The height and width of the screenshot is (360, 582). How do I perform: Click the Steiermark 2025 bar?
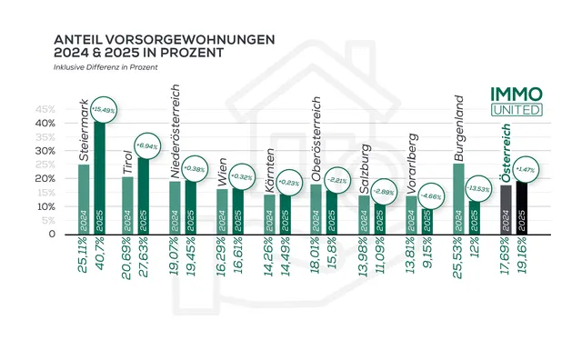tap(99, 182)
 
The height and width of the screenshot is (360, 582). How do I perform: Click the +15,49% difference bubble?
tap(106, 108)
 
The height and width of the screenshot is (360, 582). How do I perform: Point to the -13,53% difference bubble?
tap(477, 188)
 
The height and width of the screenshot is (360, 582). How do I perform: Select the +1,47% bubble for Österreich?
tap(527, 169)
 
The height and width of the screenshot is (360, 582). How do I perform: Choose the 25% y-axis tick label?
tap(44, 165)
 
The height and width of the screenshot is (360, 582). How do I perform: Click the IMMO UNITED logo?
tap(516, 102)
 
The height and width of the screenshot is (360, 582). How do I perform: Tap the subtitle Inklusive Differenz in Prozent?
tap(105, 67)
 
